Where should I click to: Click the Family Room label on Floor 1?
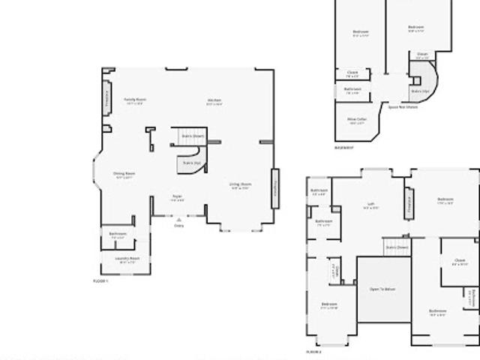[x=135, y=100]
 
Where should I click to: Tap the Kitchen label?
[x=214, y=101]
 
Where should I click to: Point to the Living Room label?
[x=240, y=184]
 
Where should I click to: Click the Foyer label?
[x=178, y=197]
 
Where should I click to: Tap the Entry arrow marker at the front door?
[x=178, y=220]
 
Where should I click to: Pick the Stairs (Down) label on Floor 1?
[x=192, y=136]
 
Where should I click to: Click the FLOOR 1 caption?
[x=100, y=280]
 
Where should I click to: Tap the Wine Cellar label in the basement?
[x=357, y=119]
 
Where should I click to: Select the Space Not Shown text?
[x=403, y=107]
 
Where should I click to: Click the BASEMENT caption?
[x=344, y=147]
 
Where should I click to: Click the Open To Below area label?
[x=382, y=287]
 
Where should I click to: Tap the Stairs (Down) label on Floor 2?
[x=397, y=247]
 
